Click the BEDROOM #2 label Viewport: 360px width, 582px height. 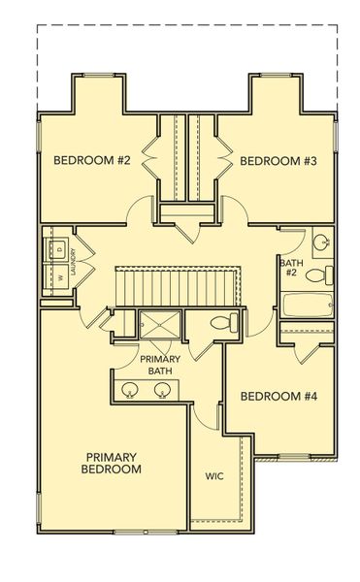pos(91,161)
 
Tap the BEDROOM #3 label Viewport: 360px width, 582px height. pos(278,161)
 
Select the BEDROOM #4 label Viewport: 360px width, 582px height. pos(278,396)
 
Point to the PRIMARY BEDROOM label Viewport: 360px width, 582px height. pos(114,462)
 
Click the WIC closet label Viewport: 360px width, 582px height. pos(215,475)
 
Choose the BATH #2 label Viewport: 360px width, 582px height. pos(289,268)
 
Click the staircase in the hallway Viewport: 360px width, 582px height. pos(178,286)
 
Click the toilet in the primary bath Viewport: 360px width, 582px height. pos(219,325)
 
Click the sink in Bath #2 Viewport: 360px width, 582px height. pos(321,242)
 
